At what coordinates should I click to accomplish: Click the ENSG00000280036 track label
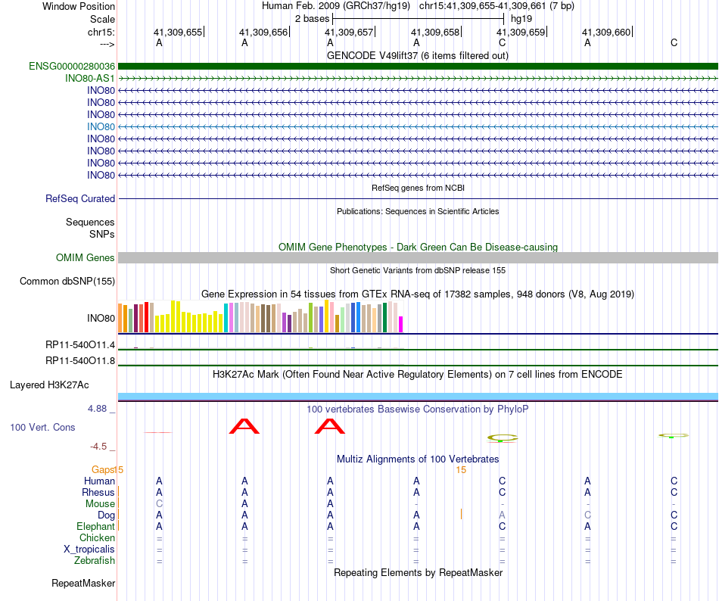click(72, 67)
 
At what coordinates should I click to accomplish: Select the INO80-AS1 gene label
click(90, 78)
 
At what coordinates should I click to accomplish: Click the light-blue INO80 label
click(101, 126)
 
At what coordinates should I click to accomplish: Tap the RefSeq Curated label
click(80, 198)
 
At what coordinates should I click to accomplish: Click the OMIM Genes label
click(86, 258)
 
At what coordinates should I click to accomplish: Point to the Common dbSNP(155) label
click(67, 282)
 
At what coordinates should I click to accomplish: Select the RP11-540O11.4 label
click(80, 345)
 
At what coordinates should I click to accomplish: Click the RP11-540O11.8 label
click(80, 360)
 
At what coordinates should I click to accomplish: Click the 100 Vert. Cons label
click(42, 428)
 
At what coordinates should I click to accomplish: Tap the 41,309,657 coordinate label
click(349, 33)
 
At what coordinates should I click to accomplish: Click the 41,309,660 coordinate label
click(605, 33)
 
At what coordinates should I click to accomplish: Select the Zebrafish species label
click(95, 561)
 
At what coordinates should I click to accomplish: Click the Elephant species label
click(95, 527)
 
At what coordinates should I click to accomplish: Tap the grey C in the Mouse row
click(159, 504)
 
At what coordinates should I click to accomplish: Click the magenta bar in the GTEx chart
click(400, 324)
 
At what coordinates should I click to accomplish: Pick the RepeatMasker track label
click(83, 584)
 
